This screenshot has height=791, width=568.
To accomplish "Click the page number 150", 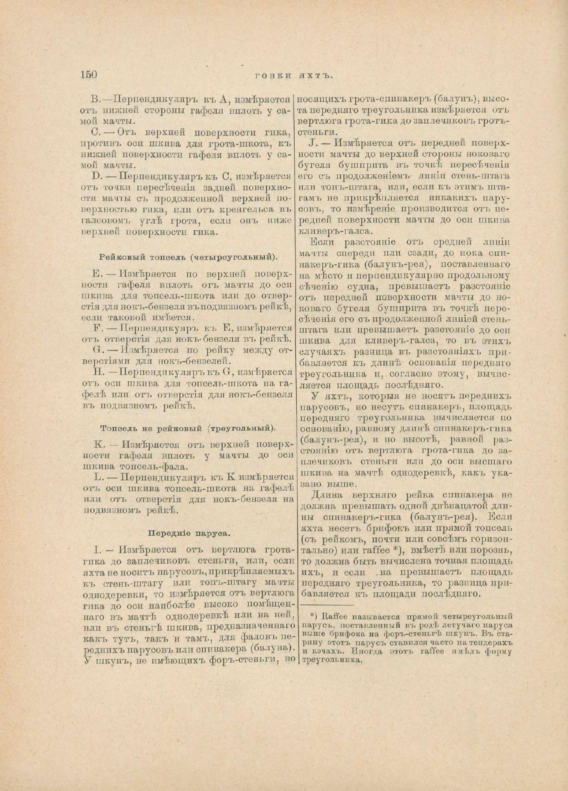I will click(x=88, y=75).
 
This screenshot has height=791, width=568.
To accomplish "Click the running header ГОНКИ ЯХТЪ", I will click(x=293, y=75).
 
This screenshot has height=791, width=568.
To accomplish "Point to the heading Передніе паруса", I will click(x=189, y=533).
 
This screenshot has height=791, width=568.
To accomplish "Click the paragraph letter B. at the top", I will click(x=95, y=99).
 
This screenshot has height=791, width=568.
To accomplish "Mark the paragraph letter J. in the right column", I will click(x=312, y=143).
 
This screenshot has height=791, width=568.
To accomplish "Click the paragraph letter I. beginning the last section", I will click(x=97, y=550).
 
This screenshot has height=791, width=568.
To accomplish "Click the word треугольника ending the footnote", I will click(x=332, y=660).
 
